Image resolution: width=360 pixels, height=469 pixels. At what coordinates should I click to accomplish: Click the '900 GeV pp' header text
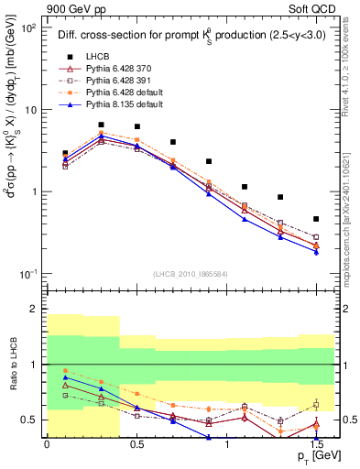(x=72, y=9)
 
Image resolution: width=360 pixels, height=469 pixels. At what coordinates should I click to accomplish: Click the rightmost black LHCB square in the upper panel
(x=316, y=219)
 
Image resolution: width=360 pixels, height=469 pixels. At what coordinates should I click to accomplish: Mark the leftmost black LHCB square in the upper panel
(x=65, y=153)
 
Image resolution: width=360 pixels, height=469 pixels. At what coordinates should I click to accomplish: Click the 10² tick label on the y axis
(x=27, y=28)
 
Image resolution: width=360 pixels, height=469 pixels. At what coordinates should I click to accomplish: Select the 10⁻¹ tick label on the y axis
(x=27, y=274)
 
